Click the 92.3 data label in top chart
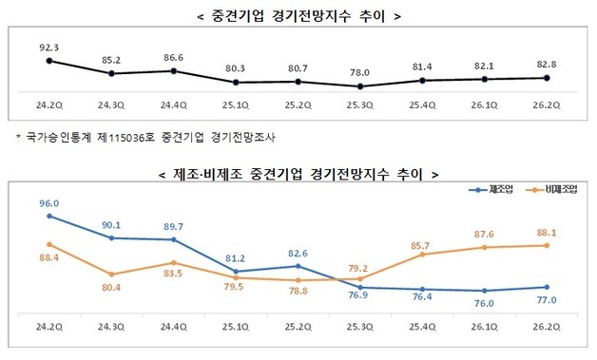48,44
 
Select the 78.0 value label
359,69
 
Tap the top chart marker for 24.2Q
49,61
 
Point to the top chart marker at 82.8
546,78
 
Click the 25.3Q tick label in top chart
359,105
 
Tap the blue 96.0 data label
49,203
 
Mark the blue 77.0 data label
546,300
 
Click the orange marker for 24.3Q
112,274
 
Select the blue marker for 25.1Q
236,272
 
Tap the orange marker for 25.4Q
422,254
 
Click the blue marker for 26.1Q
484,291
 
